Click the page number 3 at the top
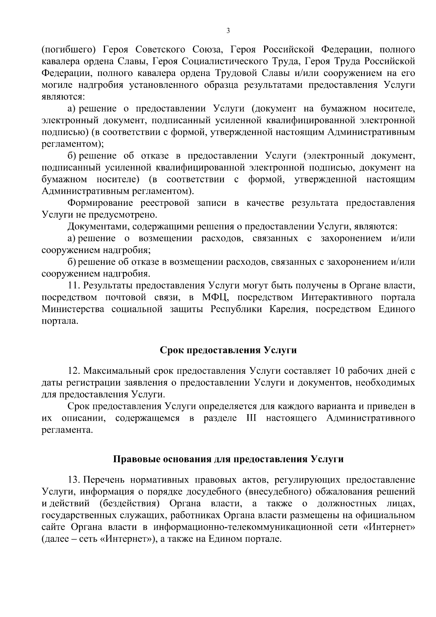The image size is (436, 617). [x=228, y=31]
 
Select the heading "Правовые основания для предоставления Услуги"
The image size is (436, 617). [x=229, y=459]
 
